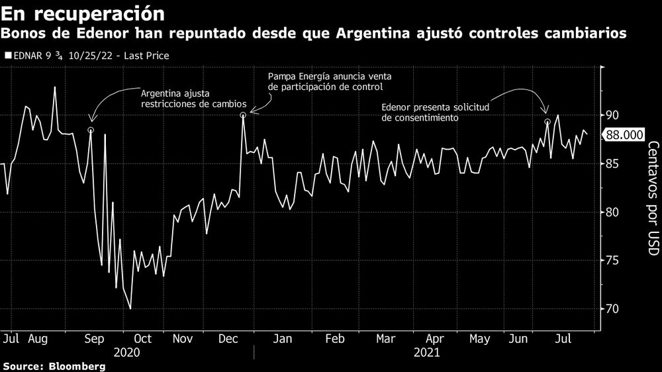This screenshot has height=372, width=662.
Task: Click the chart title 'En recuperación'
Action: pos(83,13)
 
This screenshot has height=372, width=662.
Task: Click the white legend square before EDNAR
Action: pos(7,56)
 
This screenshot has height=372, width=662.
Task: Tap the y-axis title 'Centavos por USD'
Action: pos(653,199)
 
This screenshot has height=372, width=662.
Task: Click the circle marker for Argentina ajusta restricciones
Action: pos(91,130)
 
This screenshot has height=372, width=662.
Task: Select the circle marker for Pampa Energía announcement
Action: pos(244,115)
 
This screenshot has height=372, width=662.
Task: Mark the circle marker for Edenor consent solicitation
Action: pos(547,122)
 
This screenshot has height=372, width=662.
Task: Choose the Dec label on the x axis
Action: pos(228,339)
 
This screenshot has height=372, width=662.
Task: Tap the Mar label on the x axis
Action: pos(386,339)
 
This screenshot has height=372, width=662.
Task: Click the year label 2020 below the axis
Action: pos(127,353)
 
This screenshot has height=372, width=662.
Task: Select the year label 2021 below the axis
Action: pos(427,353)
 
